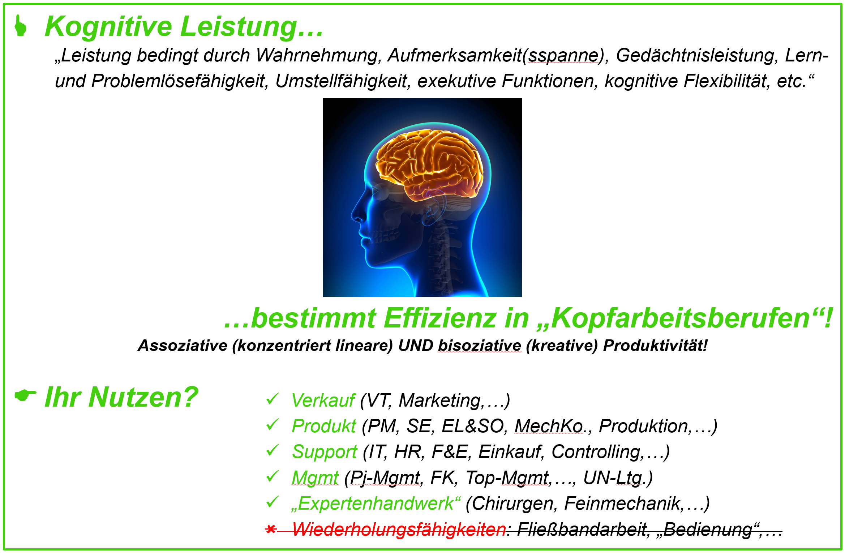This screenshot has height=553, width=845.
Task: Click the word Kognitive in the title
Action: tap(108, 27)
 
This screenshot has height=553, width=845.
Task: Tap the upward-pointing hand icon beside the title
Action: tap(21, 26)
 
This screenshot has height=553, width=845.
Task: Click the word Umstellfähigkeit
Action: tap(341, 81)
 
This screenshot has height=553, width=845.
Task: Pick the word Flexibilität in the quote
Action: tap(726, 81)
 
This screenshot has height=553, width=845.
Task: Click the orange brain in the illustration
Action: tap(430, 164)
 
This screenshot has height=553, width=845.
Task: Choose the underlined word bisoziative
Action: tap(479, 346)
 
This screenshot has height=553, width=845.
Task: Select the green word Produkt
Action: tap(324, 426)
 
